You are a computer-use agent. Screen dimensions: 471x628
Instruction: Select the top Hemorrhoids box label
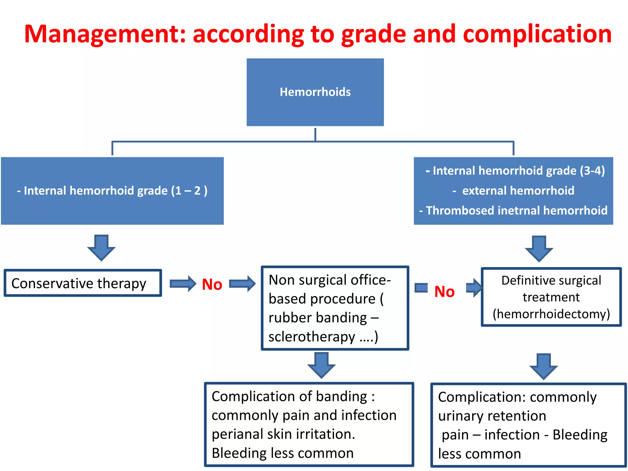315,92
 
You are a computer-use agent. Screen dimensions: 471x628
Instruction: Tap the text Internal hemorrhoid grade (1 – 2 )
112,191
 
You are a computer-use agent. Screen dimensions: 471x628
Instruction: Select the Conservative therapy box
82,283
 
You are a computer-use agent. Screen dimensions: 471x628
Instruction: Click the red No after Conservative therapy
212,285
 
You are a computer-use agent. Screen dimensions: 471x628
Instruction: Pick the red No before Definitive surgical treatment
444,292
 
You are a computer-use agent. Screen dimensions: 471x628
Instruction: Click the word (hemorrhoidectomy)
551,314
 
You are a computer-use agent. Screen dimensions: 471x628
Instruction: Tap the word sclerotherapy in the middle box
312,337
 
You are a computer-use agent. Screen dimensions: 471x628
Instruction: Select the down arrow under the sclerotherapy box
321,365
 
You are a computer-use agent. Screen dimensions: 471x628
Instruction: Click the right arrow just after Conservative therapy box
183,284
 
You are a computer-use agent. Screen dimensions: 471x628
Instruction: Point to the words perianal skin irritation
283,434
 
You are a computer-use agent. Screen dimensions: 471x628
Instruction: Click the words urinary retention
492,416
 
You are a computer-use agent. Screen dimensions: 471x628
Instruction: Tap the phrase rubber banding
318,318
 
